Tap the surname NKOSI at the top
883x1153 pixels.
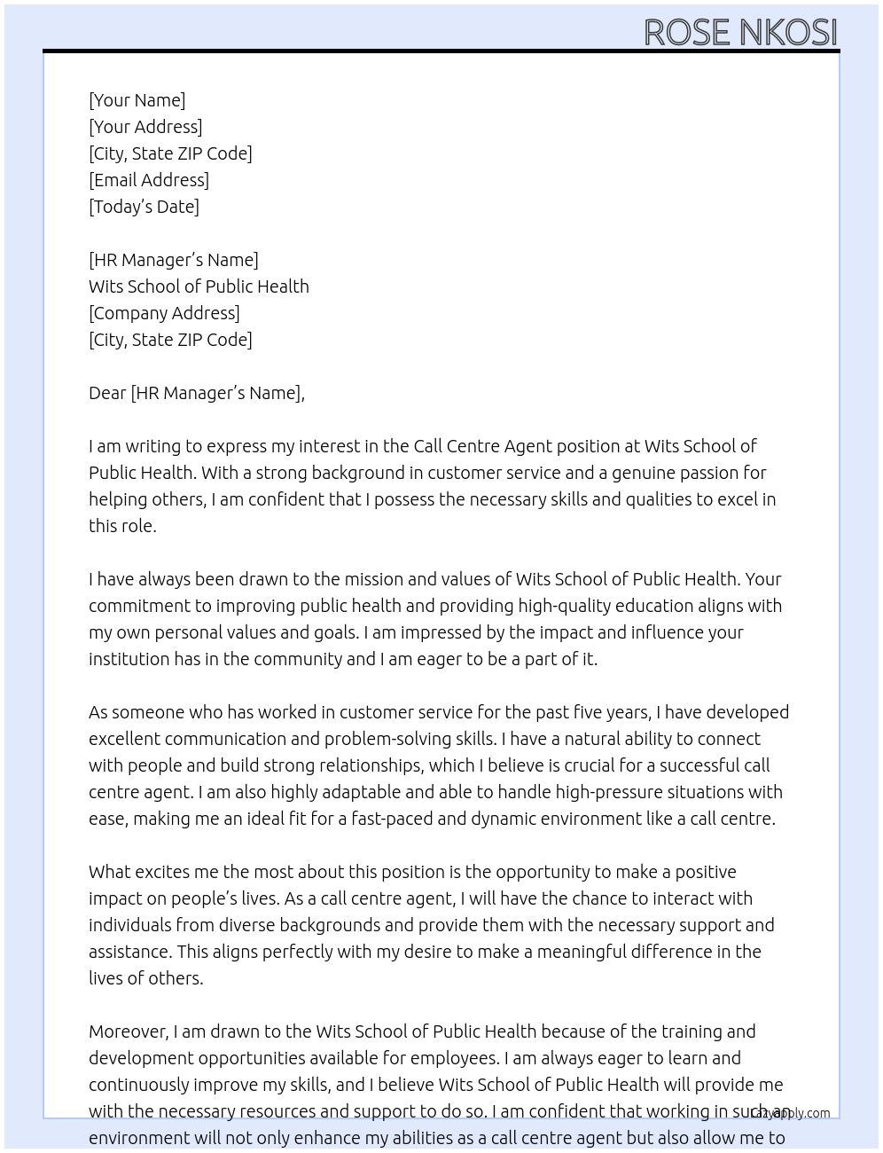pyautogui.click(x=788, y=33)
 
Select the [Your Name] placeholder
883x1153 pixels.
pyautogui.click(x=137, y=100)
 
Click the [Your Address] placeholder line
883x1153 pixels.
pyautogui.click(x=145, y=127)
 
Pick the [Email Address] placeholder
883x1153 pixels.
pyautogui.click(x=149, y=180)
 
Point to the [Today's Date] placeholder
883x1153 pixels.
pyautogui.click(x=144, y=207)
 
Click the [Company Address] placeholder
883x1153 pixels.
pyautogui.click(x=164, y=313)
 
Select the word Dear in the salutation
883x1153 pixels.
pyautogui.click(x=107, y=393)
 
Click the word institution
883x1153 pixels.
pyautogui.click(x=130, y=659)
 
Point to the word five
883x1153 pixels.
pyautogui.click(x=580, y=712)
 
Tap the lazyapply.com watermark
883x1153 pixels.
pyautogui.click(x=790, y=1113)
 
